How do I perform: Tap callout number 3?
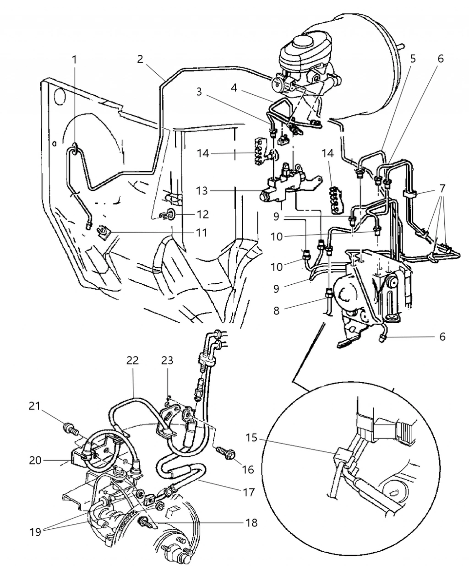[199, 91]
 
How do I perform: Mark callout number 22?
[132, 361]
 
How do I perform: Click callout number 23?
[167, 361]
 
